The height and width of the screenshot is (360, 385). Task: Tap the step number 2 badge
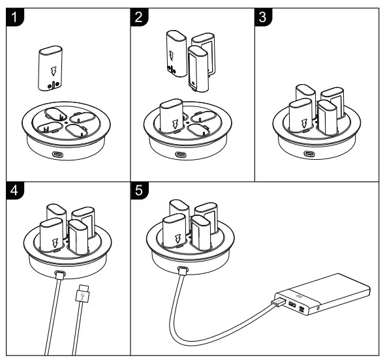[x=140, y=17]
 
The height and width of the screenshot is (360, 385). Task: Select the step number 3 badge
[x=264, y=17]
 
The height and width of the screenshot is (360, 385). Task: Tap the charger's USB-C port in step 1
[x=60, y=155]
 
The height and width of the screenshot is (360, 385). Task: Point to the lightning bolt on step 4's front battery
[x=54, y=244]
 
